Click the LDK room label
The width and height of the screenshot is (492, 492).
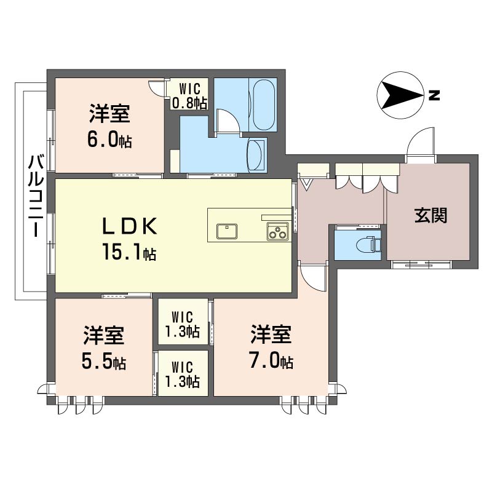(129, 226)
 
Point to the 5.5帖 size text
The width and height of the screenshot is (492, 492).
(104, 362)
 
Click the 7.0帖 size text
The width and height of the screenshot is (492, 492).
(272, 361)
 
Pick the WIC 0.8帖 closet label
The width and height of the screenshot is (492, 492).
(189, 95)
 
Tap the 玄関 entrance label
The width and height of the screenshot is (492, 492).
(430, 215)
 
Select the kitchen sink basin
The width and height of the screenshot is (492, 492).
(226, 231)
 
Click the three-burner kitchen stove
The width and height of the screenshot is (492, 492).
(278, 231)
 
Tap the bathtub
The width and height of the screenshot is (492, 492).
(264, 105)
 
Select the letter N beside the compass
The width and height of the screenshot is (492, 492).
(434, 95)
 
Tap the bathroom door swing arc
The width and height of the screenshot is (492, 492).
(231, 117)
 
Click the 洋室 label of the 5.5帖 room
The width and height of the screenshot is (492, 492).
(104, 335)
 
